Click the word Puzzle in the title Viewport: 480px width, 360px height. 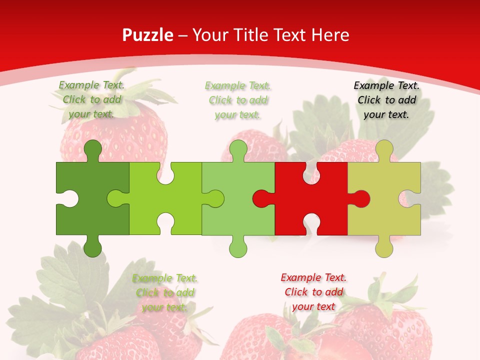tap(148, 35)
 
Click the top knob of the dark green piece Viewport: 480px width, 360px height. tap(92, 149)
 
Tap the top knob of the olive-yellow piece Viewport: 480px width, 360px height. tap(384, 149)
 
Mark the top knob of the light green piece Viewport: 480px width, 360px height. tap(238, 149)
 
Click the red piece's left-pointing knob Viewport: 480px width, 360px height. tap(261, 198)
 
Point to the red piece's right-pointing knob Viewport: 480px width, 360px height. tap(361, 198)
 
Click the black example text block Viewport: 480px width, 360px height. tap(386, 100)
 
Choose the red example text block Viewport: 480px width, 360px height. tap(313, 292)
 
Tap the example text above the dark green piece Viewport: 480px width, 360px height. tap(91, 100)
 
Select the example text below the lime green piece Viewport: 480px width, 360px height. tap(165, 293)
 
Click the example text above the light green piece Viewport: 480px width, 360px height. tap(238, 100)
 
